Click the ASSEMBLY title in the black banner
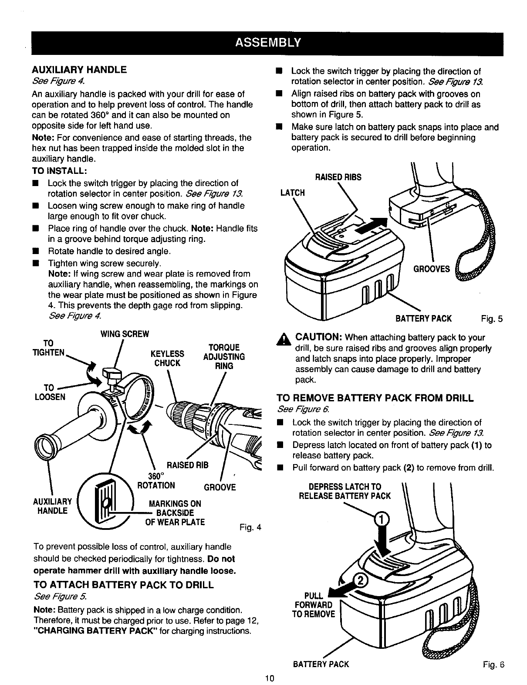pyautogui.click(x=267, y=42)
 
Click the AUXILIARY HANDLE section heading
pyautogui.click(x=79, y=70)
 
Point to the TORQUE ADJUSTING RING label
pyautogui.click(x=224, y=357)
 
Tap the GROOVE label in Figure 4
pyautogui.click(x=220, y=487)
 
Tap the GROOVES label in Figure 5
pyautogui.click(x=431, y=269)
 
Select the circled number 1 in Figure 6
pyautogui.click(x=380, y=520)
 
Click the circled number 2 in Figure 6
pyautogui.click(x=361, y=579)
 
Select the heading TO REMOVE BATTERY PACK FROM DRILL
pyautogui.click(x=375, y=398)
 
